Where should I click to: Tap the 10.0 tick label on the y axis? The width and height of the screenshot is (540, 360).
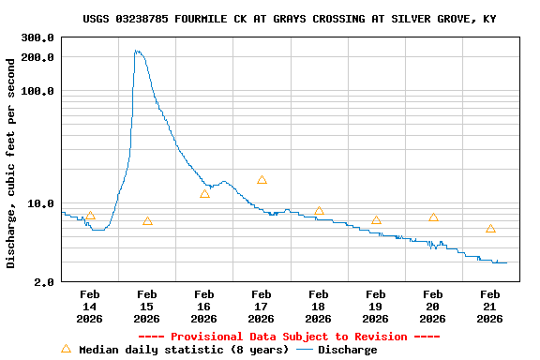pos(42,203)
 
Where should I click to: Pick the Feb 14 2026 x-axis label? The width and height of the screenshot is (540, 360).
pos(89,307)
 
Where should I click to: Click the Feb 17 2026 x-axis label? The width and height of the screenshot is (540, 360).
pos(261,307)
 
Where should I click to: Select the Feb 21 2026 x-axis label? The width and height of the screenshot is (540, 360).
pos(489,307)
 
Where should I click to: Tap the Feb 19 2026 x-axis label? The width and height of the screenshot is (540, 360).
pos(375,307)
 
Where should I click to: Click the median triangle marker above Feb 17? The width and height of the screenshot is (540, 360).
pos(262,179)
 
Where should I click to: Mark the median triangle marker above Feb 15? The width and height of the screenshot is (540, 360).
pos(147,221)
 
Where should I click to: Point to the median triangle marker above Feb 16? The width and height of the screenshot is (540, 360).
pos(204,194)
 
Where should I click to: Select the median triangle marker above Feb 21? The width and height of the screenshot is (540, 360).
pos(490,229)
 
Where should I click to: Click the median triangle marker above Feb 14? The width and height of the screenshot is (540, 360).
pos(90,216)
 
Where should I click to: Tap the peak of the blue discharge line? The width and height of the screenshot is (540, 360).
pos(137,51)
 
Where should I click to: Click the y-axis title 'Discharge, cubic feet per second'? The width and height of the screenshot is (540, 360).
pos(11,163)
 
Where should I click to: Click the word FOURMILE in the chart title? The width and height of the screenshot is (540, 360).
pos(206,19)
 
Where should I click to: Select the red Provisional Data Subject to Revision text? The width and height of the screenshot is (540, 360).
pos(289,337)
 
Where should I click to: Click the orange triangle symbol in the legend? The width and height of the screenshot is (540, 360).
pos(66,349)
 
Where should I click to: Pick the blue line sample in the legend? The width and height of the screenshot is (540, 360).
pos(304,350)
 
